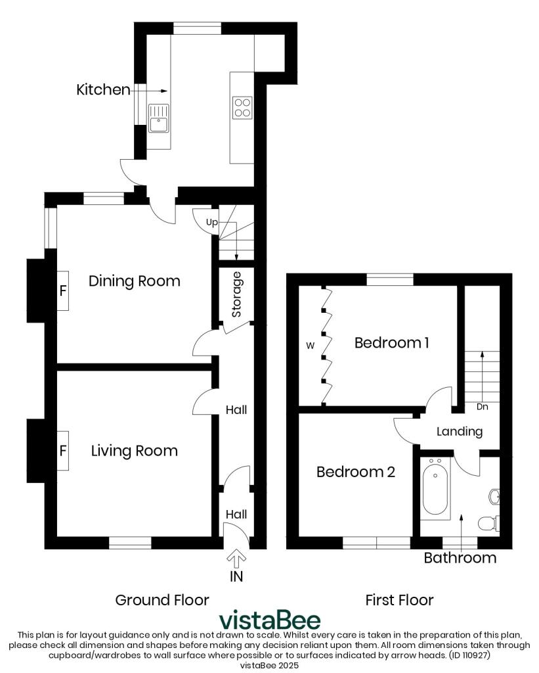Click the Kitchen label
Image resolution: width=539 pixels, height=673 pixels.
coord(103,89)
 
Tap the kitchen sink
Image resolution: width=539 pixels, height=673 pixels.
coord(159,119)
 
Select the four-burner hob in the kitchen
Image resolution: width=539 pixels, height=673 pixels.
coord(242,108)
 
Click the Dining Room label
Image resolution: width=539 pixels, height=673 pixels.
coord(134,281)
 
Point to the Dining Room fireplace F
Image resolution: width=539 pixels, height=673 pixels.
coord(63,291)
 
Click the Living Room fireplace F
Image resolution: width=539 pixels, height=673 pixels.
coord(63,451)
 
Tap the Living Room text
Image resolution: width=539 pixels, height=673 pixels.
coord(134,451)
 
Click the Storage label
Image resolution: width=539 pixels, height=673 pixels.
coord(236,294)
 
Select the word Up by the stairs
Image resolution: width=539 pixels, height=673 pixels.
coord(212,222)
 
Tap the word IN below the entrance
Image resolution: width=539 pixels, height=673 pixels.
coord(236,576)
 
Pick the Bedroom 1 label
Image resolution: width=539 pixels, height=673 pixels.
coord(391,342)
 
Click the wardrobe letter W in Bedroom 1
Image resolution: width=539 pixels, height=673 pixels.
coord(310,346)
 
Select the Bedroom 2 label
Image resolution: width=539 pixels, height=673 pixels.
coord(355,472)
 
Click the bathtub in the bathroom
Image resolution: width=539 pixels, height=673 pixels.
coord(435,489)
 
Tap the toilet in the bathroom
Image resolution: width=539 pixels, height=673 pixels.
coord(488,523)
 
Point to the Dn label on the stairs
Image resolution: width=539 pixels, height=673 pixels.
coord(483,406)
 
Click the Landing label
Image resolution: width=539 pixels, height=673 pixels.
coord(460,431)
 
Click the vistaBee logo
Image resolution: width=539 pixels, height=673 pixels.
coord(270,620)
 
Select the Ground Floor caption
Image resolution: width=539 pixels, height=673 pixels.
coord(162,600)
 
